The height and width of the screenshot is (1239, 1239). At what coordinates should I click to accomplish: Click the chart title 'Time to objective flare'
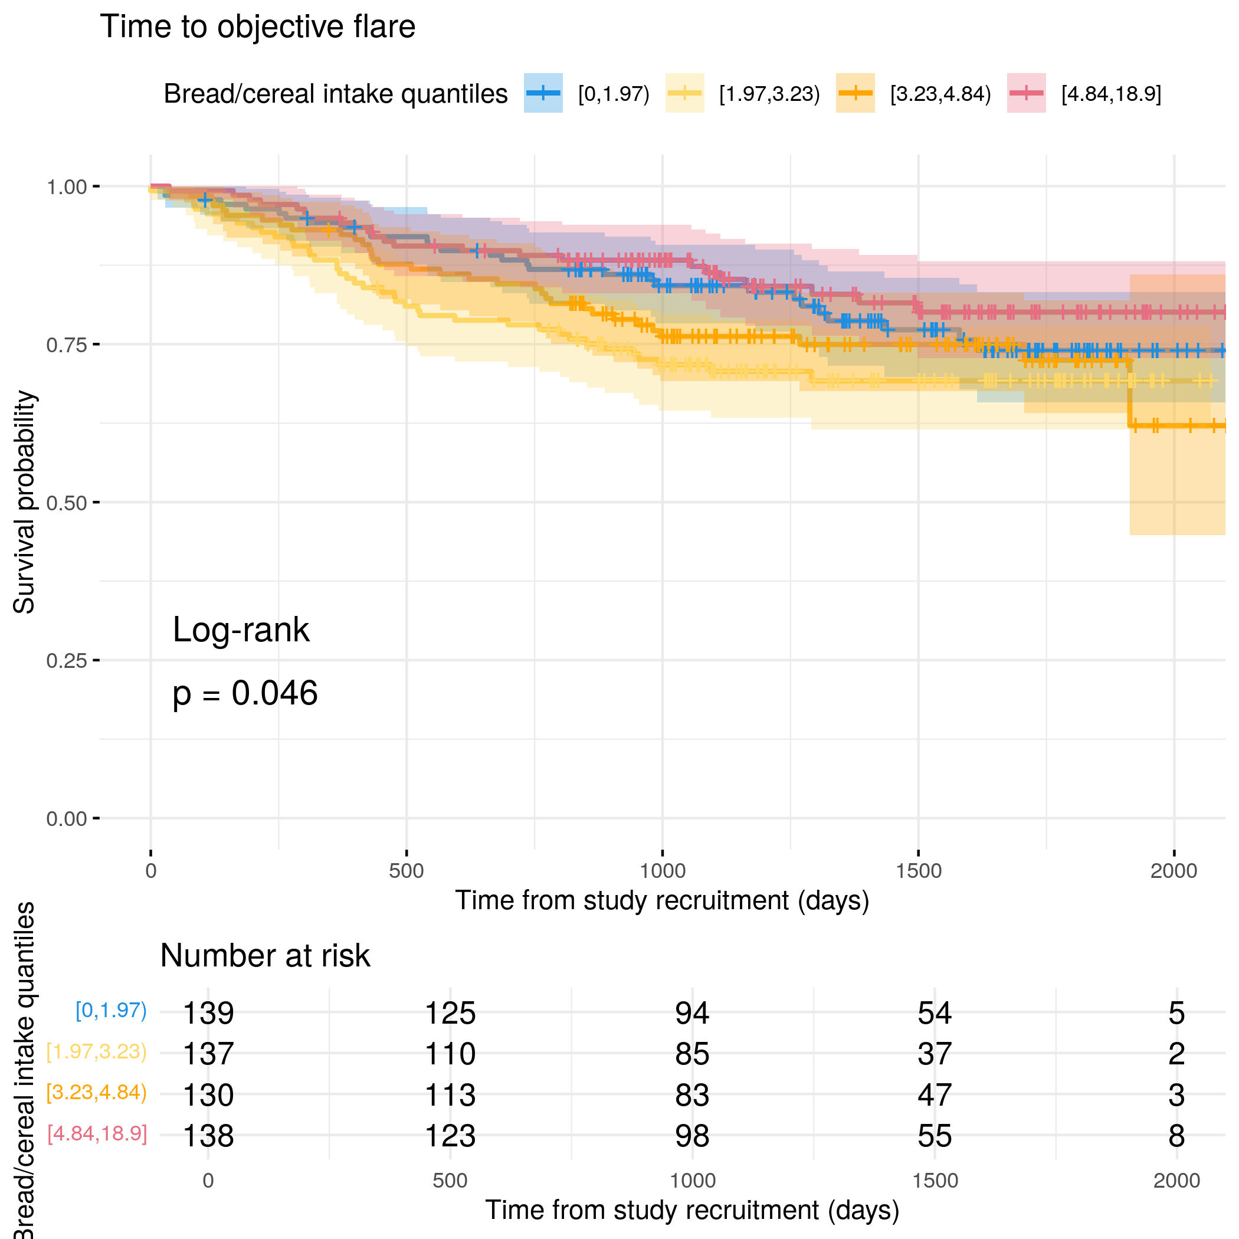(x=257, y=27)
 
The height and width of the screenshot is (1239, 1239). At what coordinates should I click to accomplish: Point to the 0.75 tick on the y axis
(x=67, y=345)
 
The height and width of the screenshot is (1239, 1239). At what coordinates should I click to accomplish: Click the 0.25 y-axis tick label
(x=67, y=661)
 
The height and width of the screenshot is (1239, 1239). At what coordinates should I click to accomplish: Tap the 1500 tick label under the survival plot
(x=919, y=871)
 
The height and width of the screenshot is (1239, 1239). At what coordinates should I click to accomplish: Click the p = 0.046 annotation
(x=245, y=694)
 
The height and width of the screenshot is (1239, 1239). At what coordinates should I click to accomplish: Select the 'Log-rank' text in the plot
(x=241, y=630)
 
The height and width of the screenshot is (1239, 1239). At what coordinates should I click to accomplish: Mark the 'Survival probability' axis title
(x=24, y=502)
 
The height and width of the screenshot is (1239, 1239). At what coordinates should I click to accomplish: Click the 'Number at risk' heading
(x=265, y=956)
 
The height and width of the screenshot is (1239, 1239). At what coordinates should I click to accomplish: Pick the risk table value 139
(x=208, y=1013)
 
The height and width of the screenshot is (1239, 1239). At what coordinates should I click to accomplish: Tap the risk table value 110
(x=450, y=1054)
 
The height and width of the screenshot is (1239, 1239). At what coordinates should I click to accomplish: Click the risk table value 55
(x=935, y=1136)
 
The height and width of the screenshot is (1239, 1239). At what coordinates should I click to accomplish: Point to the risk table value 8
(x=1176, y=1136)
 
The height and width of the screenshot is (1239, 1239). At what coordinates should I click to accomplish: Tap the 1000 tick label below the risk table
(x=692, y=1181)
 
